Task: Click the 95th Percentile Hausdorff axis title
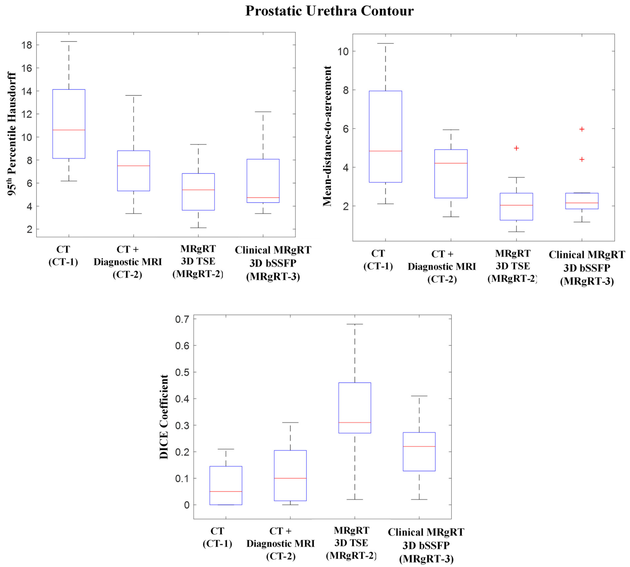(x=12, y=134)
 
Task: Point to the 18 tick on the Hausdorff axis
(x=27, y=45)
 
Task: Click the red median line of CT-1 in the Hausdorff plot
(x=69, y=130)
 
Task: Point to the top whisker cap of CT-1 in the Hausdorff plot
(x=69, y=41)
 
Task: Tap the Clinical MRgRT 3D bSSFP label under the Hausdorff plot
(x=273, y=263)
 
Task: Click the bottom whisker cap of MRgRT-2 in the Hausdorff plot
(x=198, y=228)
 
